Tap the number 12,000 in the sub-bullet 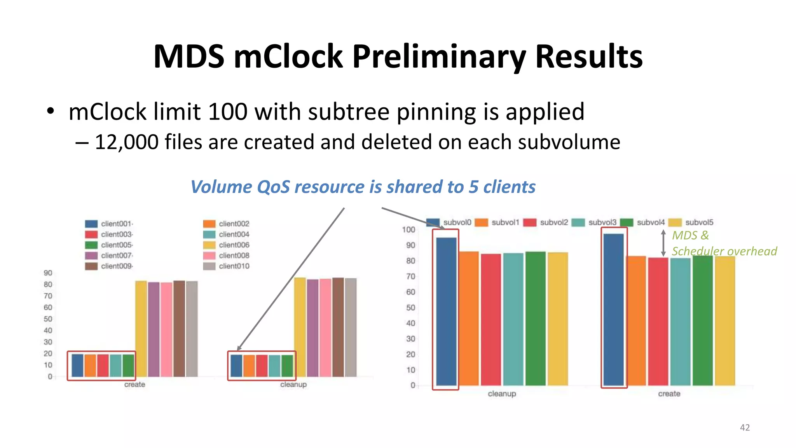tap(127, 142)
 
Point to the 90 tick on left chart tap(48, 273)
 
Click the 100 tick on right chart tap(408, 230)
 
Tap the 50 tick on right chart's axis tap(410, 308)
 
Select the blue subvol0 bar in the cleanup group tap(446, 311)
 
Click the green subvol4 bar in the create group tap(702, 321)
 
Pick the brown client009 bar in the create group tap(179, 329)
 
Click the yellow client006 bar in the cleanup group tap(300, 327)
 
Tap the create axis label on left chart tap(134, 385)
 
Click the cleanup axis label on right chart tap(502, 394)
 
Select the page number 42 tap(745, 427)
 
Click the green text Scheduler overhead tap(724, 251)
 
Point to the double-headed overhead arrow tap(663, 243)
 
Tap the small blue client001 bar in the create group tap(77, 365)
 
